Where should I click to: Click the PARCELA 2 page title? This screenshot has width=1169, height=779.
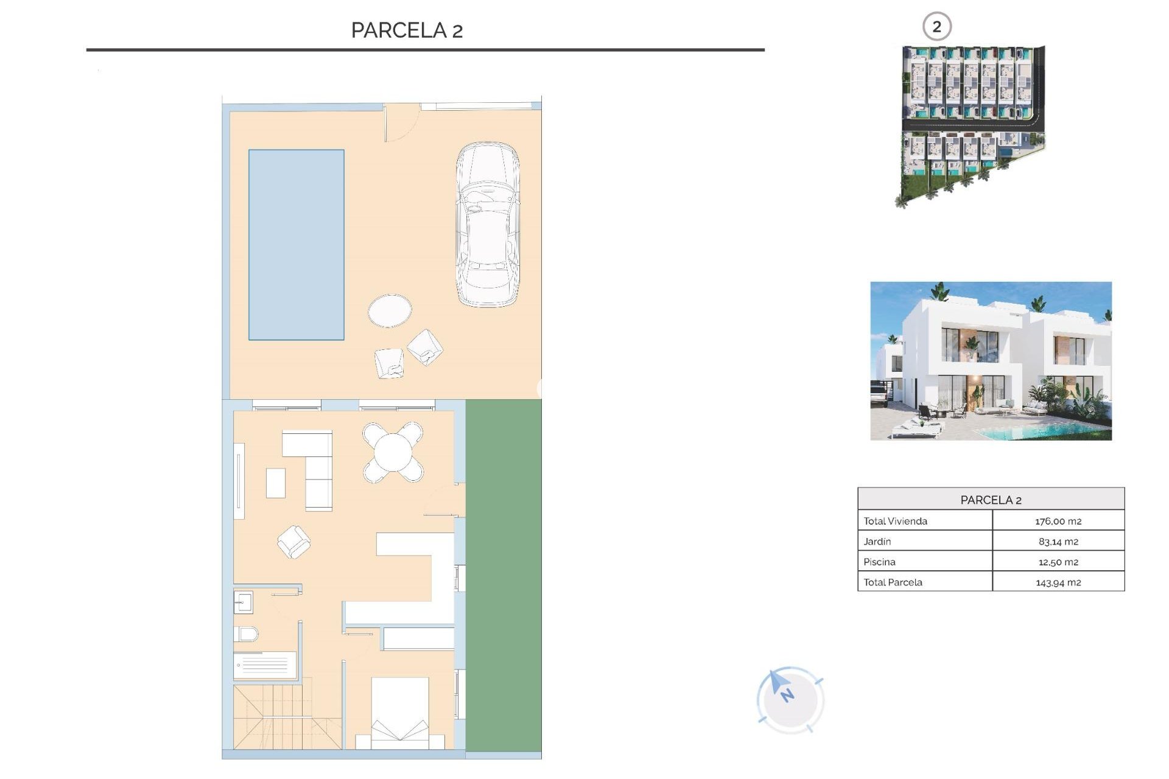407,30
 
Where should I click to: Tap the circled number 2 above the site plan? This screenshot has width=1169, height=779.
936,27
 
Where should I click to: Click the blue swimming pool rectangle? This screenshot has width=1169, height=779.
296,244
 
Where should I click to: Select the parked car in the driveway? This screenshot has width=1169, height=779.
488,224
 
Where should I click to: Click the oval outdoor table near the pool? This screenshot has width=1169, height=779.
390,310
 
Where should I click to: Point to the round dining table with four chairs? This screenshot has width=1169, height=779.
393,452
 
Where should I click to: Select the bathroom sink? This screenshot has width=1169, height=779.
244,603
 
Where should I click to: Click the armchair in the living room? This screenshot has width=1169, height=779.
293,542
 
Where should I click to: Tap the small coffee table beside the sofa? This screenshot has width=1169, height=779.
276,483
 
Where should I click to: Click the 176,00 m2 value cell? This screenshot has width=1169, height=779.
1058,521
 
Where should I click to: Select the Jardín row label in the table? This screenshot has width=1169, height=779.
877,541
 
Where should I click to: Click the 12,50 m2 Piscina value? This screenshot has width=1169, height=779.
1058,562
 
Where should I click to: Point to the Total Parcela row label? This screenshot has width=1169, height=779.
893,582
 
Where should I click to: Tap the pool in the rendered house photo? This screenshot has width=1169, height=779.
1072,431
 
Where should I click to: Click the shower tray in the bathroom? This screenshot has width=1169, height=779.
265,665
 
